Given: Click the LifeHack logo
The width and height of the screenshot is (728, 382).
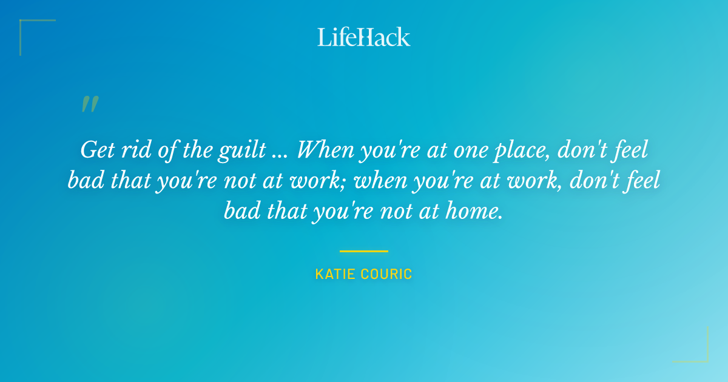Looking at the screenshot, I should pos(363,37).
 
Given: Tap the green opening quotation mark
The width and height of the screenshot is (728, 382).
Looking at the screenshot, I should pos(89,105).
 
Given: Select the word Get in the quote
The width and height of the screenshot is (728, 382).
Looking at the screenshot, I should pos(97,150).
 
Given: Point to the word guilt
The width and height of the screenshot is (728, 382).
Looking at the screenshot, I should pos(246,150).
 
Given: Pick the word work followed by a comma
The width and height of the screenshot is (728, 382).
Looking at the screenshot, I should pos(537,181).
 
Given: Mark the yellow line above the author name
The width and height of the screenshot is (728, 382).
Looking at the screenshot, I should pos(363,251).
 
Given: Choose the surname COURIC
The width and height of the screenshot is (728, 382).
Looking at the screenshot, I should pos(388,275).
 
